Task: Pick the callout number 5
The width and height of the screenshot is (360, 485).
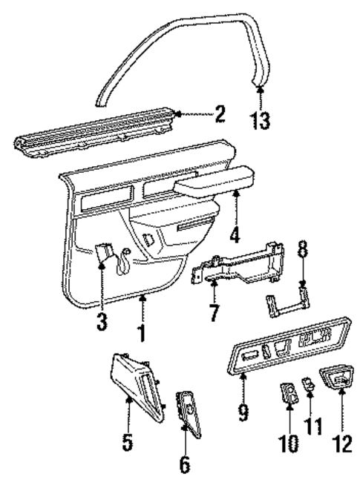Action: (128, 443)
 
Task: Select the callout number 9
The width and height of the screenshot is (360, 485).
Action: (243, 409)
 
